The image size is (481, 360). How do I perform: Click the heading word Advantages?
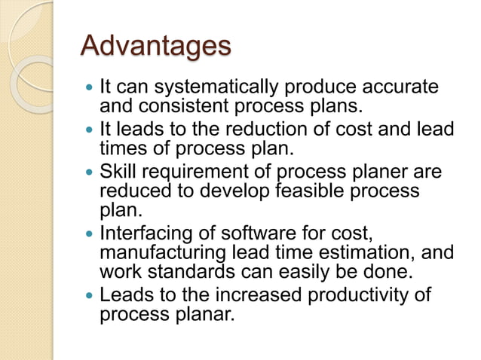(155, 47)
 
